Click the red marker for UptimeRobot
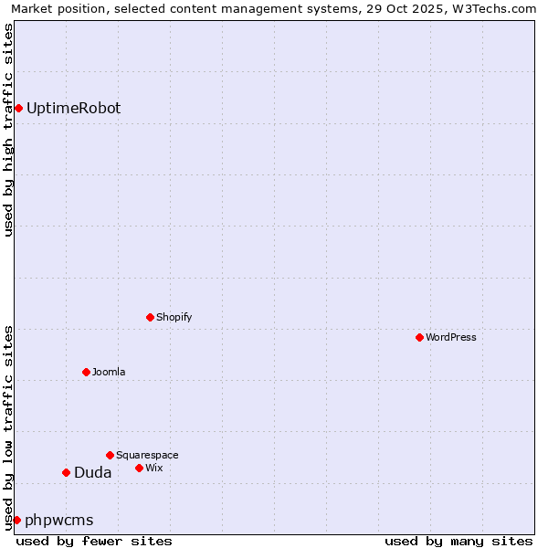[x=18, y=109]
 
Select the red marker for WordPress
[x=419, y=337]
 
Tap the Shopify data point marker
[x=150, y=317]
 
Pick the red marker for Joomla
[x=86, y=372]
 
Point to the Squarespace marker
[x=110, y=455]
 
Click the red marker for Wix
[x=139, y=468]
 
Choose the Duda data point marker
[x=66, y=472]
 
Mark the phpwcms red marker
[x=16, y=520]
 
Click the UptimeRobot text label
[x=73, y=109]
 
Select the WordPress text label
[x=451, y=337]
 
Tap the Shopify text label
[x=174, y=317]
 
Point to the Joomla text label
[x=109, y=372]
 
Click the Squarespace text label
[x=147, y=455]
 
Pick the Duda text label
[x=93, y=472]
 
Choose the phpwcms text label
[x=59, y=520]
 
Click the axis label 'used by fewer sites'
[x=94, y=541]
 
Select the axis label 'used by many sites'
[x=458, y=541]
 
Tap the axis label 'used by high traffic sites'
[x=8, y=130]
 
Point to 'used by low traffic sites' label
[x=8, y=427]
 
